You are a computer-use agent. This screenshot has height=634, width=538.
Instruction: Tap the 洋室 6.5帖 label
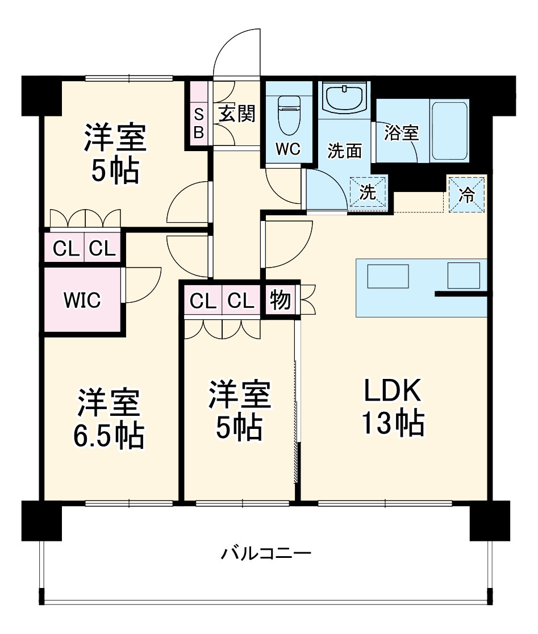[108, 418]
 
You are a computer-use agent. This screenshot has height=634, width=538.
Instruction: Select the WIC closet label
[82, 299]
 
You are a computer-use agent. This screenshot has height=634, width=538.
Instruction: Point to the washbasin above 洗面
[344, 98]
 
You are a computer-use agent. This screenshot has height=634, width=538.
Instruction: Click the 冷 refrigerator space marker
[466, 195]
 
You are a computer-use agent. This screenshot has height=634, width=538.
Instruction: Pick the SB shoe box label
[199, 123]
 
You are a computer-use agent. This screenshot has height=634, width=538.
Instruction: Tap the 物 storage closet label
[280, 301]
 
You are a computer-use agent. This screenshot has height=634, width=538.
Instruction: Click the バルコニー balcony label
[266, 552]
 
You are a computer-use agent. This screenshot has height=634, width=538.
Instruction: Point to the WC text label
[288, 149]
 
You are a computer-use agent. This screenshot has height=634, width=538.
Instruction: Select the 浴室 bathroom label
[401, 133]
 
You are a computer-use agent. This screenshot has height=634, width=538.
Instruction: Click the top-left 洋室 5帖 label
[115, 153]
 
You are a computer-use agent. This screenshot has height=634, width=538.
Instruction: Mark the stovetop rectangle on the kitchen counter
[463, 276]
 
